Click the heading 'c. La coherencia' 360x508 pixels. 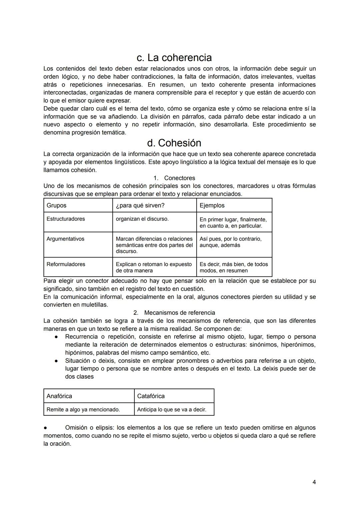(x=174, y=58)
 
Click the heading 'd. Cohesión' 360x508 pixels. (x=174, y=143)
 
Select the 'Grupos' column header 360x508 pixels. (x=56, y=206)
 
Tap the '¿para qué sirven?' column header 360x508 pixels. (x=140, y=206)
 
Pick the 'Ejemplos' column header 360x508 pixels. (x=212, y=206)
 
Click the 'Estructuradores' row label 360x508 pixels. (x=66, y=219)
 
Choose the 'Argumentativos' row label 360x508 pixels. (x=65, y=239)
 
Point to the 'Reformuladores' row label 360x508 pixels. (x=66, y=264)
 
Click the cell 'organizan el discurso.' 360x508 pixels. (x=142, y=219)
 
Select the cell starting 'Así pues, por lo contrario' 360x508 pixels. (x=230, y=242)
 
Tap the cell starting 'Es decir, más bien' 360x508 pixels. (x=233, y=267)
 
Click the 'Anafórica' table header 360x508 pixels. (x=59, y=396)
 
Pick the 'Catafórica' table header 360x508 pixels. (x=151, y=396)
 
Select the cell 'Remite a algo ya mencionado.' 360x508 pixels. (x=83, y=409)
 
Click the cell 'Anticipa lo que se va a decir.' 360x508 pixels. (x=171, y=409)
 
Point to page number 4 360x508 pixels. (x=314, y=482)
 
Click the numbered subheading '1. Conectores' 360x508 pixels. (x=174, y=178)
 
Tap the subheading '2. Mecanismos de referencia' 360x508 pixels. (x=174, y=313)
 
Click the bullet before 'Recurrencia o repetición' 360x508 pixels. (x=57, y=337)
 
